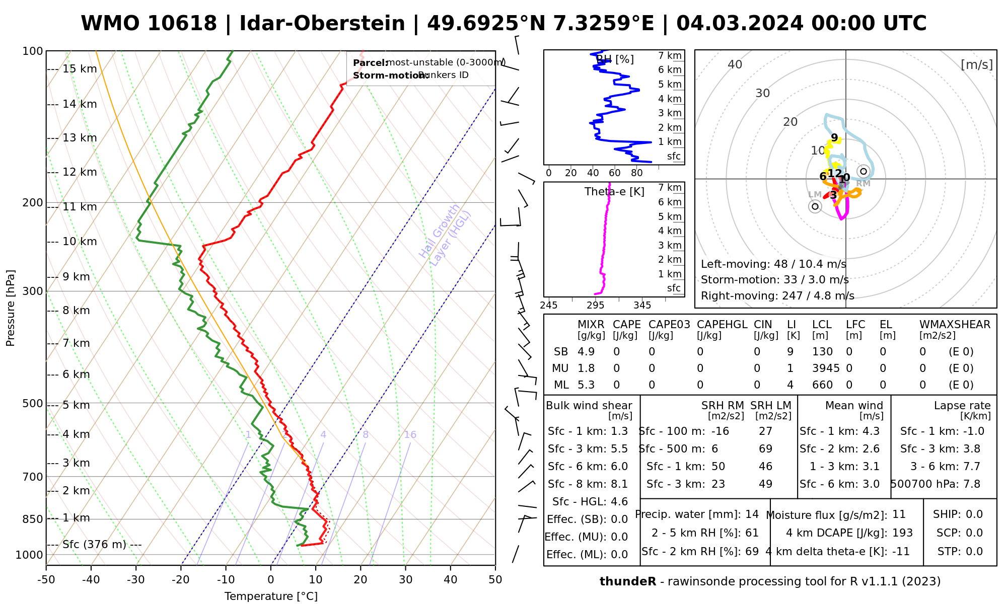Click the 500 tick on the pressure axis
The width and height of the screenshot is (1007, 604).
pos(33,404)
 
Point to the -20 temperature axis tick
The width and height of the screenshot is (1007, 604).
pos(181,580)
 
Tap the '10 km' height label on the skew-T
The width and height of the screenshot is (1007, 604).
pos(80,242)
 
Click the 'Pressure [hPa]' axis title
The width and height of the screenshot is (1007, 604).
pos(11,308)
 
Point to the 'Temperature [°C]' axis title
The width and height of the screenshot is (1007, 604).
pos(271,596)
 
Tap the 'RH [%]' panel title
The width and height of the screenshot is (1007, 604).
pos(615,59)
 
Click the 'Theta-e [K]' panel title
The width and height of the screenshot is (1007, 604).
pos(614,192)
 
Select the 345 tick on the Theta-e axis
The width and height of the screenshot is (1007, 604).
pos(642,306)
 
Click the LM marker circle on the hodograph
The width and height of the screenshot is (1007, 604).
pos(815,206)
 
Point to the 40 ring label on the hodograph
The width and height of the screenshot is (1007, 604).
pos(735,64)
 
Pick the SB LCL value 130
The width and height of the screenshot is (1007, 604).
pos(822,352)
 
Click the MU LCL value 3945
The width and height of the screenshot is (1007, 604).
pos(826,368)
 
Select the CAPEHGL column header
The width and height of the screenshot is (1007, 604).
pos(722,325)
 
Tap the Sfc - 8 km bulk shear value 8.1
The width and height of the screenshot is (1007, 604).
pos(619,484)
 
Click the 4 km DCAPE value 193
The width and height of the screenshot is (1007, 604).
pos(902,533)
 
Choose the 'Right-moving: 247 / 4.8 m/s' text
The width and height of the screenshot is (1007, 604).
pos(777,296)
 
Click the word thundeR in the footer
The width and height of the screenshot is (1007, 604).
pos(628,582)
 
